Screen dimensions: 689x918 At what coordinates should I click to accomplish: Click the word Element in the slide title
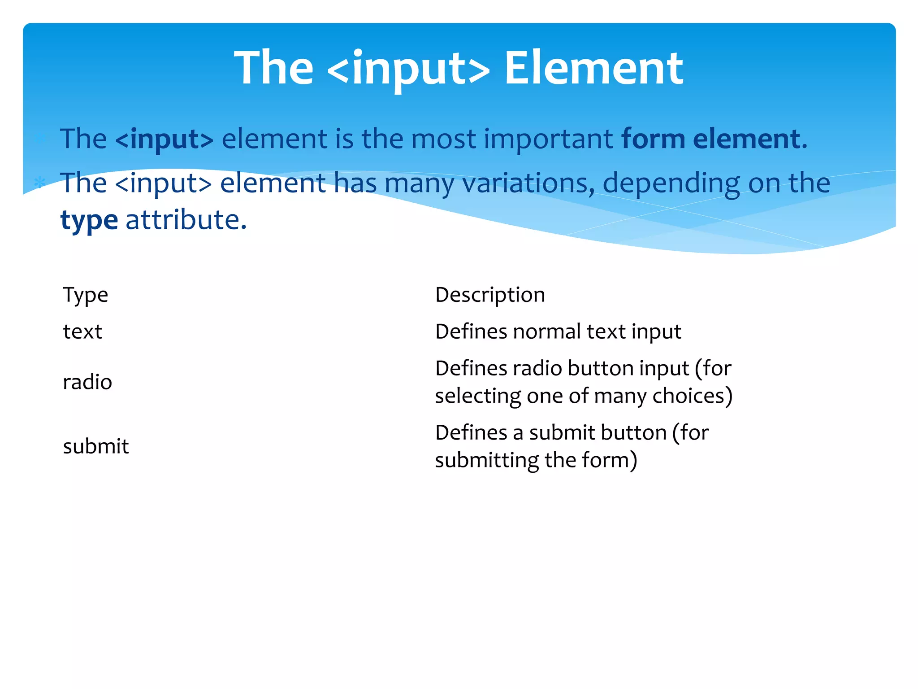tap(593, 68)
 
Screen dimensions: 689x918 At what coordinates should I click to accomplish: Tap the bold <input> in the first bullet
tap(164, 139)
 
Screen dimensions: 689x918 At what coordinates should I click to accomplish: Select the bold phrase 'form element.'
tap(714, 139)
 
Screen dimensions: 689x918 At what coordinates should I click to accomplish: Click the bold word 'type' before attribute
tap(89, 220)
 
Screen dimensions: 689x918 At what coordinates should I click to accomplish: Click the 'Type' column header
tap(86, 295)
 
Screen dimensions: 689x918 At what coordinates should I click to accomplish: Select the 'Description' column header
tap(490, 295)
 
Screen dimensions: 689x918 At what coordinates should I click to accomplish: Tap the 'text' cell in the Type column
tap(82, 332)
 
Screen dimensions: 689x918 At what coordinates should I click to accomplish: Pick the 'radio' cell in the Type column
tap(87, 382)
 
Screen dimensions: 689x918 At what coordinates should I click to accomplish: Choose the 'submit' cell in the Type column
tap(96, 446)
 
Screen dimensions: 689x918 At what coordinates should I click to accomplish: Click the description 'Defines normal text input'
tap(558, 332)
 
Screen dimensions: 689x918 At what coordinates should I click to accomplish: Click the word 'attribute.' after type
tap(186, 220)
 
